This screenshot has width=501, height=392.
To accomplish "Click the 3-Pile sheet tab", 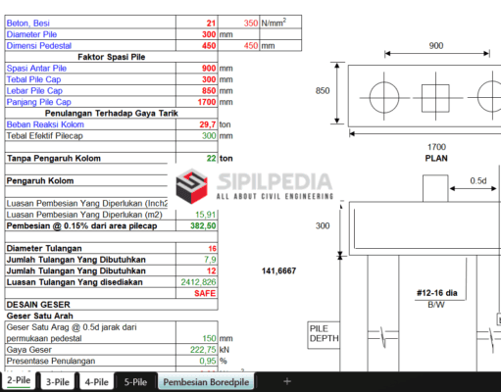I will (57, 381).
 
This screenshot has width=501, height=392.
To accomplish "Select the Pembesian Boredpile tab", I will (207, 381).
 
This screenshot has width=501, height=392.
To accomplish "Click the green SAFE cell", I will (205, 292).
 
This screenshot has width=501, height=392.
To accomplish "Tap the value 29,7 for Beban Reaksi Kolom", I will (207, 124).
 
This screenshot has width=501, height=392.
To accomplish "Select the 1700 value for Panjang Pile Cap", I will (203, 101).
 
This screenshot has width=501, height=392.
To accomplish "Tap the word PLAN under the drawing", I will (435, 157).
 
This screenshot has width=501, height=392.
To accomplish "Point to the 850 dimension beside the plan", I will (322, 91).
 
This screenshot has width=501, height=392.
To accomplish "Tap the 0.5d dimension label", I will (478, 181).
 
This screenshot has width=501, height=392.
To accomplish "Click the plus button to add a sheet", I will (287, 380).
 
